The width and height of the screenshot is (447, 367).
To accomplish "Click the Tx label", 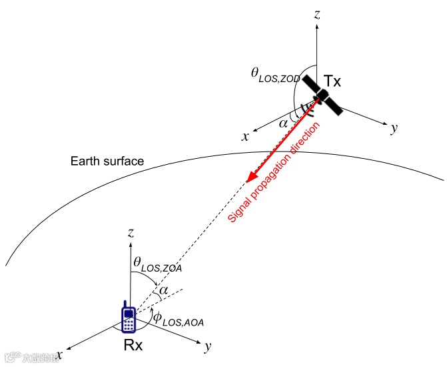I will click(332, 82).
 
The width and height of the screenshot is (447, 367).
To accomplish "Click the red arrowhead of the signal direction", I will click(250, 176).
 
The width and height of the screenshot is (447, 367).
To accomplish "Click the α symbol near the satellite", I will click(284, 123).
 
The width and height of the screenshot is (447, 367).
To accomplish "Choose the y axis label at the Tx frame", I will click(394, 129).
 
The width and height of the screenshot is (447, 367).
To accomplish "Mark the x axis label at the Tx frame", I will click(245, 136).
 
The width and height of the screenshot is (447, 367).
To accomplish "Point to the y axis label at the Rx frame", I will click(209, 346).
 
